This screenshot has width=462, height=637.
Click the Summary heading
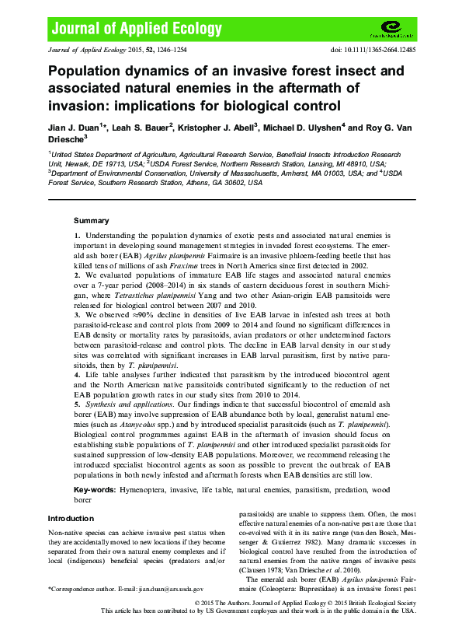pyautogui.click(x=92, y=221)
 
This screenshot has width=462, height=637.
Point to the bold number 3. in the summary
pyautogui.click(x=77, y=314)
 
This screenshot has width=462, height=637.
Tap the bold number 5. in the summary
pyautogui.click(x=77, y=404)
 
